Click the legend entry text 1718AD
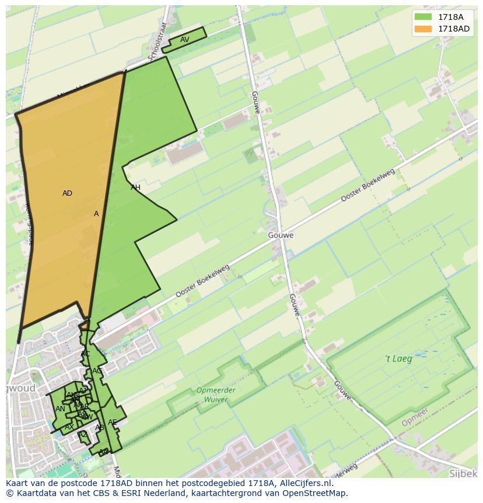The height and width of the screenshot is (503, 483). (x=454, y=29)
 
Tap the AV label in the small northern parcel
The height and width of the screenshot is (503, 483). (x=184, y=40)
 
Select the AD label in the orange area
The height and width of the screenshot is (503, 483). (x=67, y=193)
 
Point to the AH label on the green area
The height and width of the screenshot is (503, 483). (x=135, y=188)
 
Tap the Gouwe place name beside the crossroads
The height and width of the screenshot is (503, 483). (x=281, y=235)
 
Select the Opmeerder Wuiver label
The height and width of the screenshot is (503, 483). (x=216, y=395)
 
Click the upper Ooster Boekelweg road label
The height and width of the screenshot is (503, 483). (x=367, y=186)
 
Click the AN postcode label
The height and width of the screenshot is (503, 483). (x=60, y=409)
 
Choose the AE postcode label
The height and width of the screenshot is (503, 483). (x=112, y=422)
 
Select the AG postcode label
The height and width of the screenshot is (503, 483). (x=97, y=371)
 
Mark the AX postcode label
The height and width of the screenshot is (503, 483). (x=69, y=427)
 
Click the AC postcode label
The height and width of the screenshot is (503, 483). (x=85, y=354)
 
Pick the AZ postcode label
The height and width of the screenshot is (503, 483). (x=83, y=434)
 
